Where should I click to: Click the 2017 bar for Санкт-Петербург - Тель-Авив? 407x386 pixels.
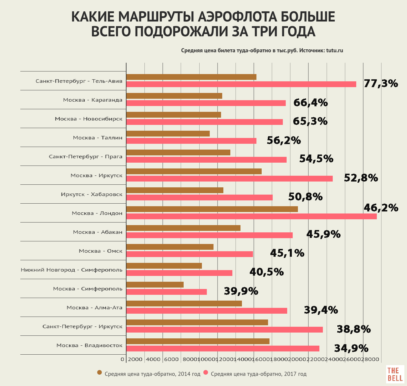point(241,84)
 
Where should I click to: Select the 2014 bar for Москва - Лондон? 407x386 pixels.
point(212,209)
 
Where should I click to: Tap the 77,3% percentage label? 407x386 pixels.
point(381,84)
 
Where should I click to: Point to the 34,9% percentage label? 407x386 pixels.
point(351,348)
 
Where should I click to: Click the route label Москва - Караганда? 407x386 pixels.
point(93,100)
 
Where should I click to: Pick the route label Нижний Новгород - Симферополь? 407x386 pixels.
point(71,270)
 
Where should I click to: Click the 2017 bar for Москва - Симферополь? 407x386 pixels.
point(167,292)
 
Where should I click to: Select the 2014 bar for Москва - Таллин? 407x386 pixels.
point(168,134)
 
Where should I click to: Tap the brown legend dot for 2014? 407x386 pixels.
point(100,373)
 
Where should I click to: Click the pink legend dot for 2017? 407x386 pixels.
point(206,373)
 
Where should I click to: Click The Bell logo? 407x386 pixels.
point(395,374)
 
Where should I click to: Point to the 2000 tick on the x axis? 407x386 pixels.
point(135,359)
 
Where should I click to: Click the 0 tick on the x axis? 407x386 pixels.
point(123,359)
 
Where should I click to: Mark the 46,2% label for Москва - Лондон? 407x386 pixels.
point(381,208)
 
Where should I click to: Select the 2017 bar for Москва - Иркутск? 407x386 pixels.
point(229,179)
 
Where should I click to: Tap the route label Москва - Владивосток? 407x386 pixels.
point(89,345)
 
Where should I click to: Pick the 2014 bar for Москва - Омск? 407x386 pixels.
point(170,247)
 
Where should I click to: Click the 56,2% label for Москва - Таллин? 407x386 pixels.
point(284,140)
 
